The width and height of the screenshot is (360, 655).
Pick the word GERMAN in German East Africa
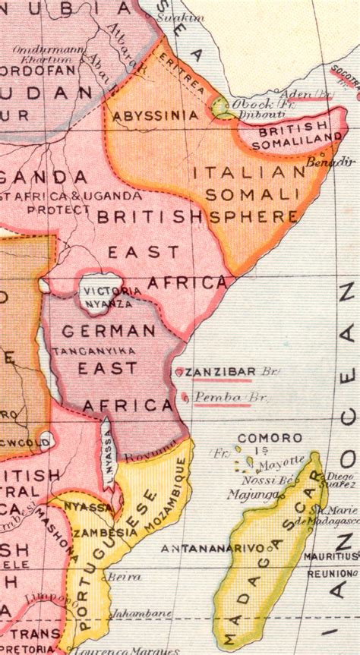point(109,331)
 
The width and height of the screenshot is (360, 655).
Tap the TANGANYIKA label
point(105,350)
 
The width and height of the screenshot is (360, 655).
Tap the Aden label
point(296,93)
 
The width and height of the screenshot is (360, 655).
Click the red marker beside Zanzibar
point(178,372)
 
